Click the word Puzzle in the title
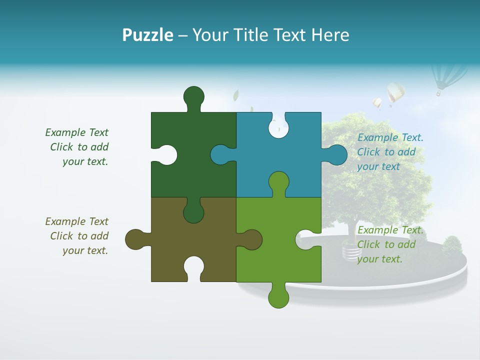[148, 35]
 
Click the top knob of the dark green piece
[194, 96]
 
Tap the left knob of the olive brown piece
[135, 239]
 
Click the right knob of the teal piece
[336, 154]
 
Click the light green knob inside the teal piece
[278, 182]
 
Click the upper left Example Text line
[76, 132]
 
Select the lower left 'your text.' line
[85, 250]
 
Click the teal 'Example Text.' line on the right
[390, 137]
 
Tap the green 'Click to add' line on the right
[386, 244]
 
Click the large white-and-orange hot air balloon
[395, 93]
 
